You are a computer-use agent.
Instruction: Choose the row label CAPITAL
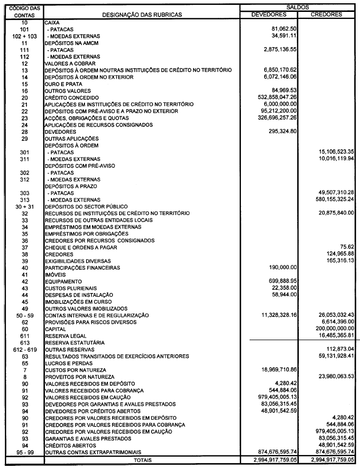[x=56, y=329]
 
